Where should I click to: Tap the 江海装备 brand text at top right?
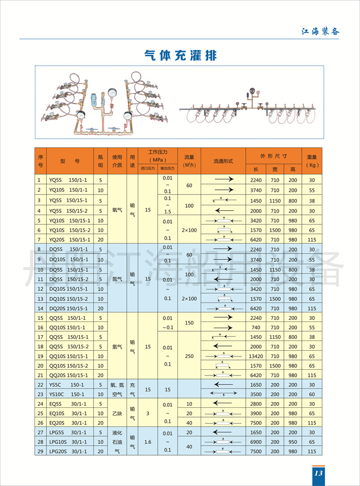(x=320, y=31)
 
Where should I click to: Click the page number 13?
(x=317, y=473)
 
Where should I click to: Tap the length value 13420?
(x=256, y=356)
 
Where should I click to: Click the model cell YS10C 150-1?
(x=67, y=394)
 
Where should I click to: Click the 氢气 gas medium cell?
(x=117, y=347)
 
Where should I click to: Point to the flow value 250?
(x=189, y=356)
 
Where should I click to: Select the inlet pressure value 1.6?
(x=148, y=441)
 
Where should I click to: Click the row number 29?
(x=40, y=451)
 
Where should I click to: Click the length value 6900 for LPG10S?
(x=256, y=442)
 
